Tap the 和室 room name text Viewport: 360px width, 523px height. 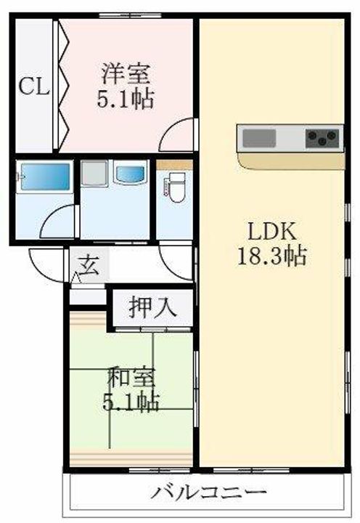pyautogui.click(x=131, y=380)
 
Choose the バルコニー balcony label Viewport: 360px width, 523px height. pyautogui.click(x=208, y=492)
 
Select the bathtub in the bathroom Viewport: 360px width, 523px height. pyautogui.click(x=44, y=177)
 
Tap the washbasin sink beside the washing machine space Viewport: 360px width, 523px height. pyautogui.click(x=131, y=174)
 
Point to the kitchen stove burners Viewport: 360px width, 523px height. pyautogui.click(x=323, y=137)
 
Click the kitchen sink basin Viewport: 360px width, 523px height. pyautogui.click(x=259, y=137)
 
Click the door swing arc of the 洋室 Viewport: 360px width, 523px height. pyautogui.click(x=178, y=137)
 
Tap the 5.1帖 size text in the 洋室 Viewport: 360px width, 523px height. pyautogui.click(x=126, y=100)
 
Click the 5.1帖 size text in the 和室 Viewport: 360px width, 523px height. pyautogui.click(x=131, y=401)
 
